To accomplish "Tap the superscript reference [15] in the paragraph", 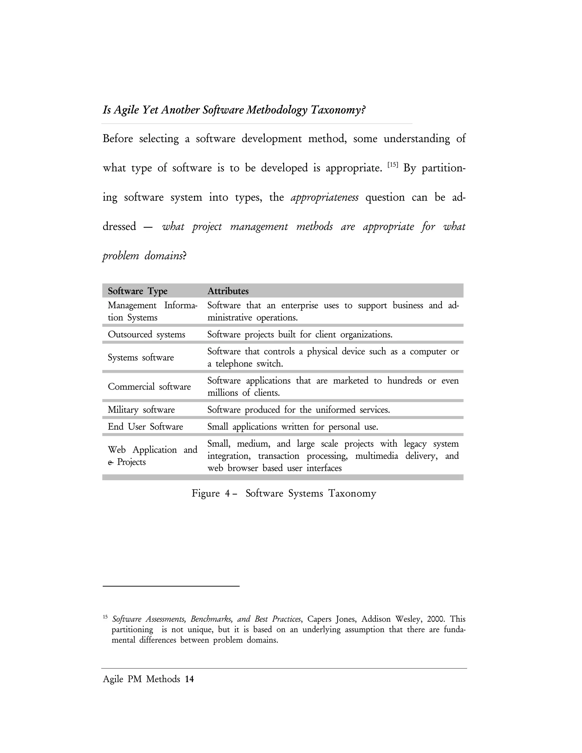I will click(393, 165).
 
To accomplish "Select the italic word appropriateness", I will click(325, 197).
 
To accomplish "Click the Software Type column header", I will click(138, 291).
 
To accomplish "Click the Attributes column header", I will click(228, 291).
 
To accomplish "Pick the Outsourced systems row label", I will click(147, 334).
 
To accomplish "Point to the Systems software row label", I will click(141, 357).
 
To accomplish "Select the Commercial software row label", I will click(149, 387).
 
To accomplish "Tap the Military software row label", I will click(141, 410).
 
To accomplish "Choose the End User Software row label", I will click(145, 427).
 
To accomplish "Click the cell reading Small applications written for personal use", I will click(293, 427).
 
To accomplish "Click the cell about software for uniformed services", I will click(299, 410).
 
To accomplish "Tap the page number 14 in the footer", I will click(189, 679).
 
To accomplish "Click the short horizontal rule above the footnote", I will click(171, 586).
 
